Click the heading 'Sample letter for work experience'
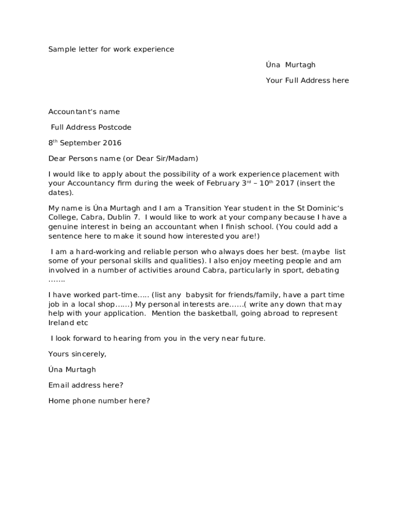(x=111, y=49)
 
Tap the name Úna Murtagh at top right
(x=290, y=65)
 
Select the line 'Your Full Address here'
(x=307, y=80)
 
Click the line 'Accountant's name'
(x=84, y=111)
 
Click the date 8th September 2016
(x=85, y=143)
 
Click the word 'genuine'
(x=63, y=227)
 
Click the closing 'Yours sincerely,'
(x=77, y=354)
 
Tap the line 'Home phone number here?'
(x=99, y=400)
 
